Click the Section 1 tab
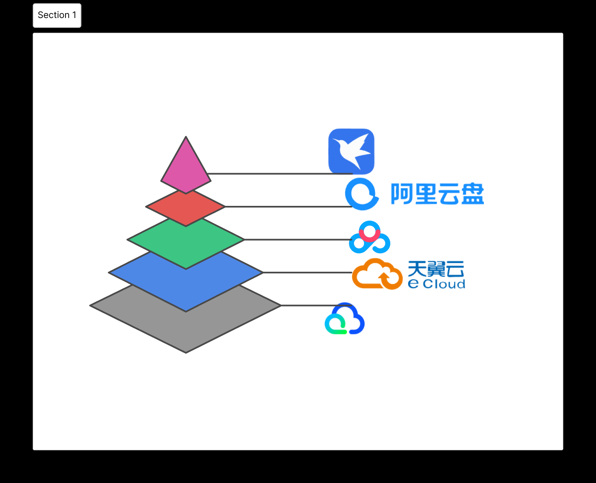[x=57, y=16]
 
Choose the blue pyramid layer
[x=186, y=287]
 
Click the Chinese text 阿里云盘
[x=437, y=194]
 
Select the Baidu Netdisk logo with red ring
[x=370, y=238]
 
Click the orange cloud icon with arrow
[x=377, y=274]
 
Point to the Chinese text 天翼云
[x=436, y=269]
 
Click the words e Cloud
[x=436, y=284]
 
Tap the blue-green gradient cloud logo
[x=345, y=319]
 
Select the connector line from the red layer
[x=287, y=207]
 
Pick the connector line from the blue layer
[x=307, y=272]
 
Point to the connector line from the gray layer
[x=307, y=305]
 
